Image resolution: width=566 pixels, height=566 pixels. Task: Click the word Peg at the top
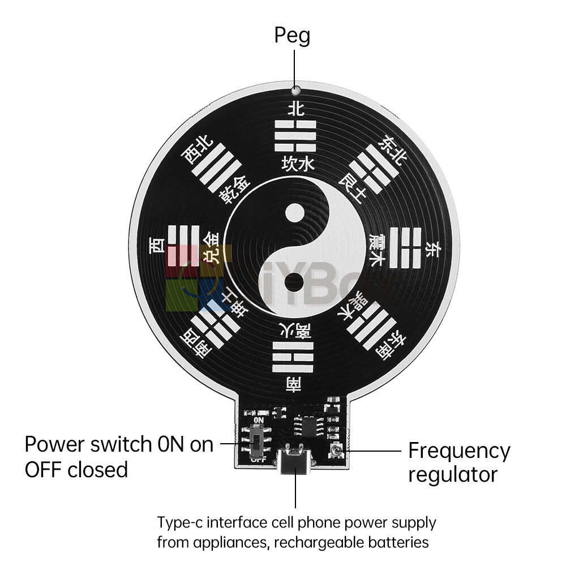click(292, 35)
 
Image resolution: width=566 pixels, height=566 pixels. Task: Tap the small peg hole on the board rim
click(294, 89)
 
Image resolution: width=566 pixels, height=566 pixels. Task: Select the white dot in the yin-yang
click(294, 214)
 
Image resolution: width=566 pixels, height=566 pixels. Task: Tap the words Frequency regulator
click(458, 462)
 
